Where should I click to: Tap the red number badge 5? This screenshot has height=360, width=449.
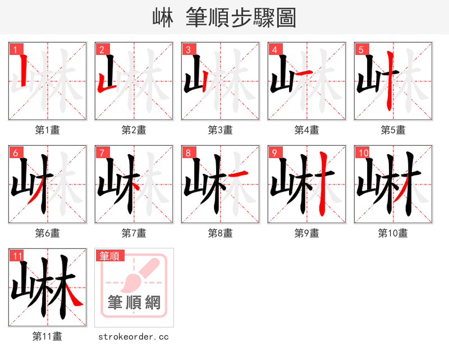point(360,50)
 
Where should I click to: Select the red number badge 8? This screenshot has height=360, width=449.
point(187,153)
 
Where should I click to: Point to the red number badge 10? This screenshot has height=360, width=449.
point(363,153)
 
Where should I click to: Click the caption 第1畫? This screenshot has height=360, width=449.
point(48,130)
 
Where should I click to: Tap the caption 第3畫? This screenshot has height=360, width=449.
point(221,130)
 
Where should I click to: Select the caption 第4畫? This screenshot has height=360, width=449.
point(307,130)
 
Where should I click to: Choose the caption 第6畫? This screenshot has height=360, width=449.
point(48,233)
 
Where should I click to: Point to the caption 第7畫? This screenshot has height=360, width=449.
point(134,233)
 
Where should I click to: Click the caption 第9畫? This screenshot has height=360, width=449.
point(307,233)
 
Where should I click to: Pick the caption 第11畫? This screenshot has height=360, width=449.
point(48,336)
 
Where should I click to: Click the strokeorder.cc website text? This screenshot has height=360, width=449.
point(134,337)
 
